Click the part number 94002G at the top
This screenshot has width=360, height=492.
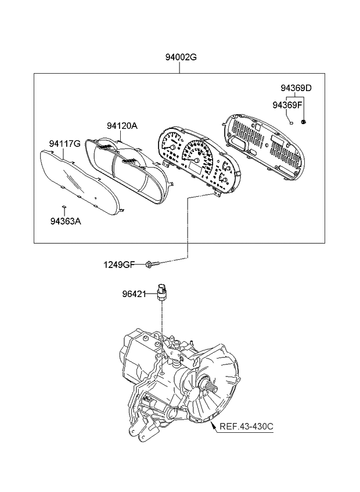181,57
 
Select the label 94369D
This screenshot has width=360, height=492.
296,88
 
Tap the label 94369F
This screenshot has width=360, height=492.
287,105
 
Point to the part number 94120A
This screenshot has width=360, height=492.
122,126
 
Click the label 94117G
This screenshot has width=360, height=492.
64,144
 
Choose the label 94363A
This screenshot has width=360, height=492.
66,221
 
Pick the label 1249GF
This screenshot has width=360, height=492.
120,265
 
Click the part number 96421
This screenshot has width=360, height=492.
134,294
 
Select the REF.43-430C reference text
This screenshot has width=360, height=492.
246,426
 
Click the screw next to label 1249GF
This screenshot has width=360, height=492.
153,264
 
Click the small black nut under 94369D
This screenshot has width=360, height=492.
304,122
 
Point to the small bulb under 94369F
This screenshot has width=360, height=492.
291,123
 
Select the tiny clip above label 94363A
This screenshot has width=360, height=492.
63,206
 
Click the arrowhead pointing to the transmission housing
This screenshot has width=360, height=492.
213,425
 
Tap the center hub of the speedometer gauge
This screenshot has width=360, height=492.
197,161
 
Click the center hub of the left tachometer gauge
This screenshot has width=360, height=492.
172,147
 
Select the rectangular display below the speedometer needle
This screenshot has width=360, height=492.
196,171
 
